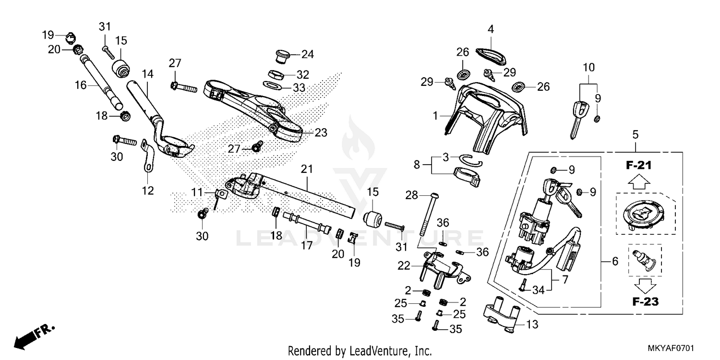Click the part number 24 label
(x=307, y=54)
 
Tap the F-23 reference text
(x=645, y=302)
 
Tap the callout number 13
(x=532, y=325)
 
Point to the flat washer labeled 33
(x=273, y=85)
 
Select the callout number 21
(x=307, y=169)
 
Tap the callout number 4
(x=491, y=29)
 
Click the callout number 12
(x=148, y=191)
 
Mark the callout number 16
(x=81, y=85)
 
